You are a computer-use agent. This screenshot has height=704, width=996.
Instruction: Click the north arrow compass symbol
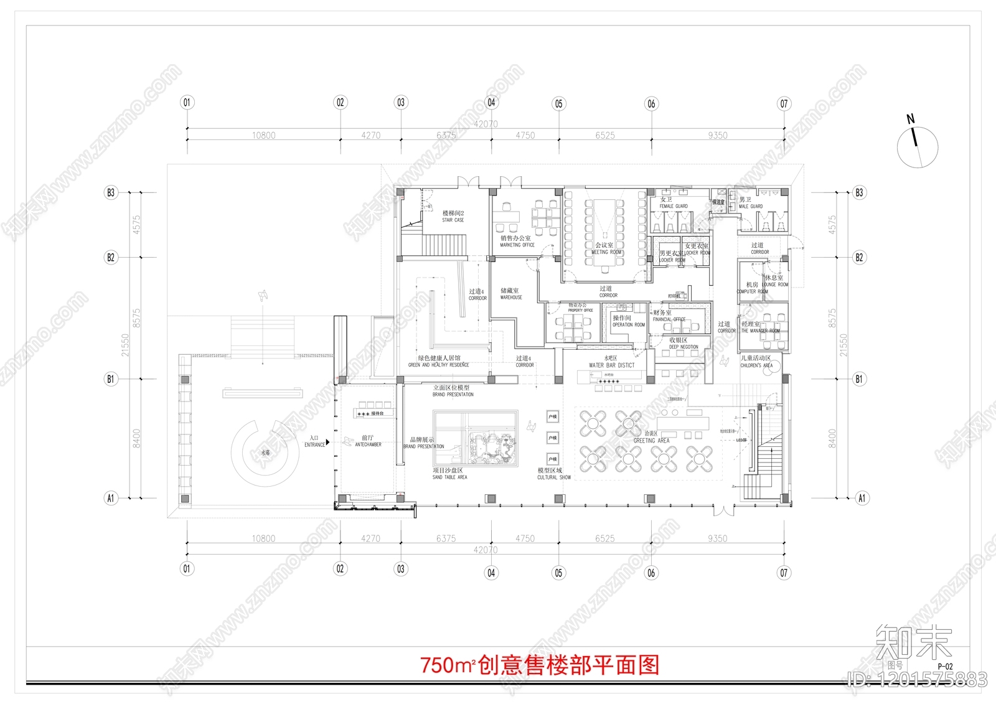(x=917, y=146)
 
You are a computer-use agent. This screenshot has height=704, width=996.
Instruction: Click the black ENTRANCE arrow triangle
(x=328, y=442)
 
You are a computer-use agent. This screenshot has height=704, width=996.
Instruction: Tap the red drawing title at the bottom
(x=539, y=665)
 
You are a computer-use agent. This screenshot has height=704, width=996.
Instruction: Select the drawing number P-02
(x=945, y=666)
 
